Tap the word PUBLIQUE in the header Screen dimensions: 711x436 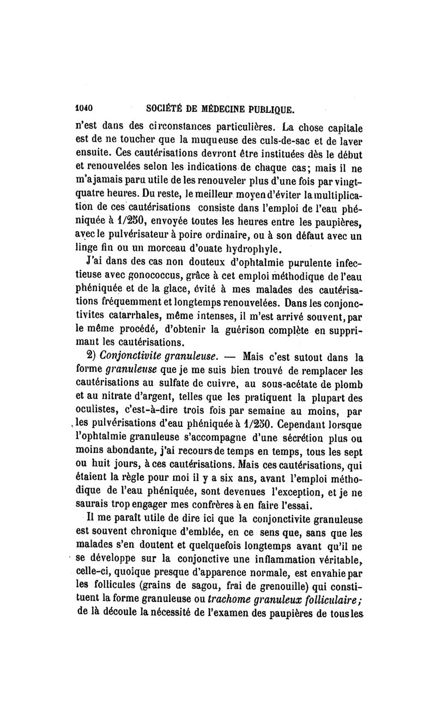coord(267,108)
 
